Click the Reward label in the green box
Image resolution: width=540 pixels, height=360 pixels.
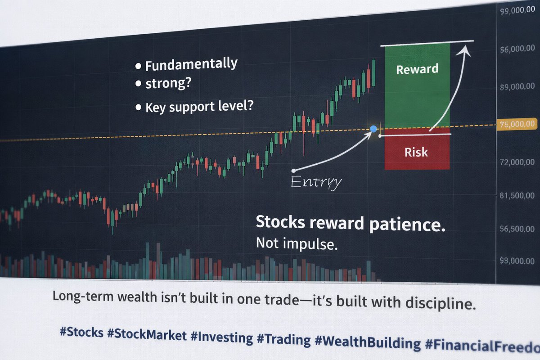point(417,69)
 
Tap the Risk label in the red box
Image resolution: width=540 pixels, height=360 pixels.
point(416,152)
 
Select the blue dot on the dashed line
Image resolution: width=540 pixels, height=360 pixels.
point(373,129)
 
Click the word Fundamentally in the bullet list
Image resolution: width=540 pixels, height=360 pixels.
point(191,65)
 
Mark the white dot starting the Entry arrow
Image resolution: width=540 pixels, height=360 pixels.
point(293,171)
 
